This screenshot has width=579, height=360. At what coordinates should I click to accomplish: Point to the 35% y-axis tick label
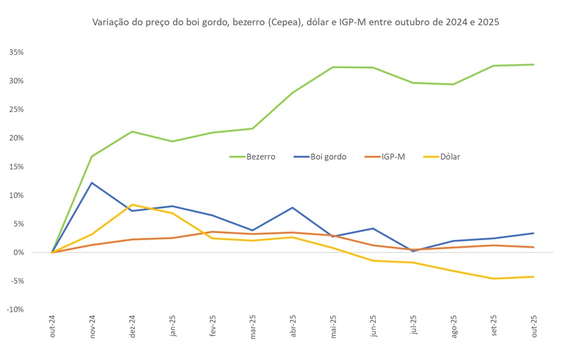[x=15, y=52]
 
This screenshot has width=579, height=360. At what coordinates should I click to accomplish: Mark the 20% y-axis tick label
[x=15, y=138]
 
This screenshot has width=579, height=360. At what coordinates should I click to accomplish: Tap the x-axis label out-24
[x=52, y=328]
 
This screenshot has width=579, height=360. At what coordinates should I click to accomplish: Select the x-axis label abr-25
[x=293, y=328]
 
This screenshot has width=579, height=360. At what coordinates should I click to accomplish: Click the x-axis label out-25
[x=534, y=328]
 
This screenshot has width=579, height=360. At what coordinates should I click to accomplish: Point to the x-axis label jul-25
[x=413, y=328]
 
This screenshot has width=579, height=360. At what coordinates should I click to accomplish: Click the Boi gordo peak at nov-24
[x=92, y=183]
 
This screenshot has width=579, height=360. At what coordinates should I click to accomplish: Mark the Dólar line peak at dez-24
[x=132, y=204]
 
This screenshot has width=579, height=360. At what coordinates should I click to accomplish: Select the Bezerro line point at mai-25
[x=333, y=67]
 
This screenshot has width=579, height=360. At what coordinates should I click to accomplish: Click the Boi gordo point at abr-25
[x=293, y=208]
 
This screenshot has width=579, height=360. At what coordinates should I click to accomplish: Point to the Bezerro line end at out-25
[x=534, y=65]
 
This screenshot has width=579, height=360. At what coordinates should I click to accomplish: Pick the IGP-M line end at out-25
[x=534, y=247]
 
